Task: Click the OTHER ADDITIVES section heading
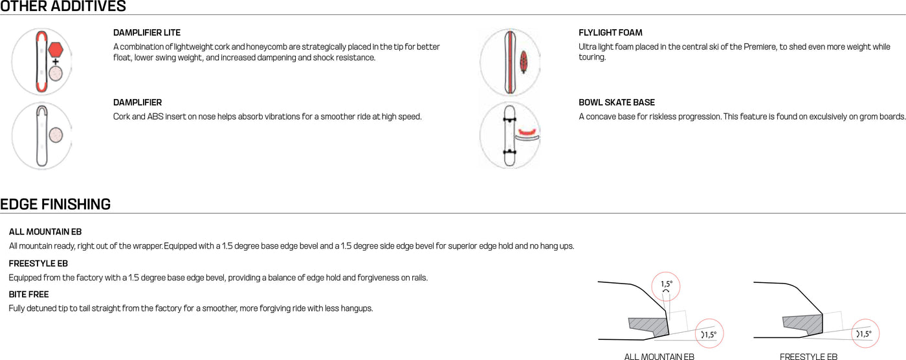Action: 63,7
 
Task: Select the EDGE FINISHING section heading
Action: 55,205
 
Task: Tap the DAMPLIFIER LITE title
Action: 147,33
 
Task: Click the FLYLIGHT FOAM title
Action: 610,33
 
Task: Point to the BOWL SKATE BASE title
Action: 617,103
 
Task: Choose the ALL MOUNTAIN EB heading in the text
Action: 45,232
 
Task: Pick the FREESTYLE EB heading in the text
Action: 38,264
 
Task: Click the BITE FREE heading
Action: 29,295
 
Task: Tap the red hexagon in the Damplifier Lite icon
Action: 56,49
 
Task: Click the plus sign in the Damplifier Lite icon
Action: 56,62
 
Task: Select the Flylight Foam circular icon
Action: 510,62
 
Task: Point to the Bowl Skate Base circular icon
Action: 510,135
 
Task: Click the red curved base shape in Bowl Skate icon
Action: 527,133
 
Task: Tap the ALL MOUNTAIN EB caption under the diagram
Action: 659,356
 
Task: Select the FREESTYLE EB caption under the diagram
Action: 808,356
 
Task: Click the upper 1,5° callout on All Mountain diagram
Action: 667,286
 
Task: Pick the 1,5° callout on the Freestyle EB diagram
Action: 865,334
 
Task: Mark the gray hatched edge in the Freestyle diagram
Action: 801,322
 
